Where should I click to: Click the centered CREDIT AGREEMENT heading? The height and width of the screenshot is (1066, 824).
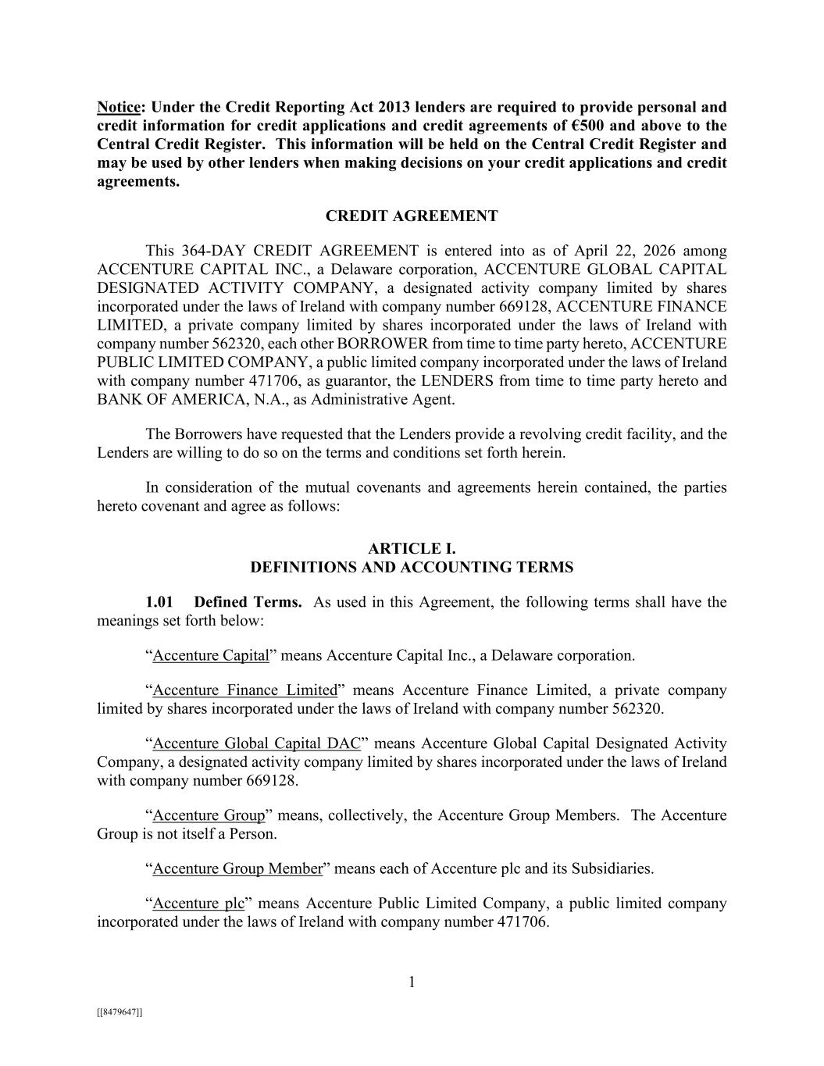(412, 216)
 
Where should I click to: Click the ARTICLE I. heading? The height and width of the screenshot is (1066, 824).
(412, 549)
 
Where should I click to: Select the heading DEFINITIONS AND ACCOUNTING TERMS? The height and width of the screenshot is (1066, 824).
(412, 568)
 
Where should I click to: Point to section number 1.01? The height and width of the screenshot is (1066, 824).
(159, 602)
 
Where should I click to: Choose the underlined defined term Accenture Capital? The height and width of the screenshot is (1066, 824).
(211, 655)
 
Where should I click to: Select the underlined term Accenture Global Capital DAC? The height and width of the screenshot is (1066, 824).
(256, 743)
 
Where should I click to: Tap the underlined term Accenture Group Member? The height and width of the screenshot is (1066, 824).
(237, 868)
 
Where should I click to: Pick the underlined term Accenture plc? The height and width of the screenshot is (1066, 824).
(198, 904)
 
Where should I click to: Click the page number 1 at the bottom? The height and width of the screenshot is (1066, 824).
(412, 982)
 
